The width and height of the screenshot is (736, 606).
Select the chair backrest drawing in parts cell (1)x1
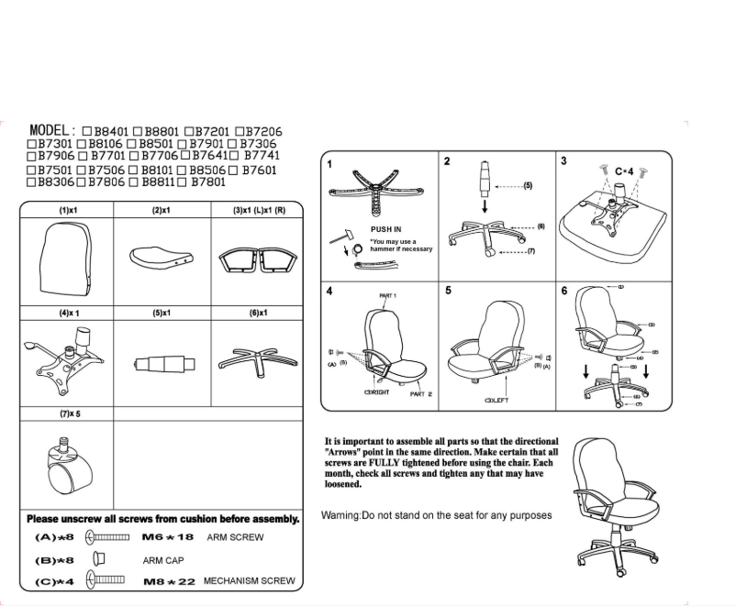pos(66,258)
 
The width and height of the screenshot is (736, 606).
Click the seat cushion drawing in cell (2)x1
pos(160,256)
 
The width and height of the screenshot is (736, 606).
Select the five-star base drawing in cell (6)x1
pos(253,358)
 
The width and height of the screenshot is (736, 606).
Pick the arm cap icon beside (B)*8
pos(97,558)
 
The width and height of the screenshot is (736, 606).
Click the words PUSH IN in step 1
pos(385,230)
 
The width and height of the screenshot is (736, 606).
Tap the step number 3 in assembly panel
pos(563,161)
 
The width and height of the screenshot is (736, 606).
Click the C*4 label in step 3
pos(624,171)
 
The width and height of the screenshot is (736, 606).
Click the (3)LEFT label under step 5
pos(496,401)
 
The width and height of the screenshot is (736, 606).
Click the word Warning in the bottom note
pos(340,515)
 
